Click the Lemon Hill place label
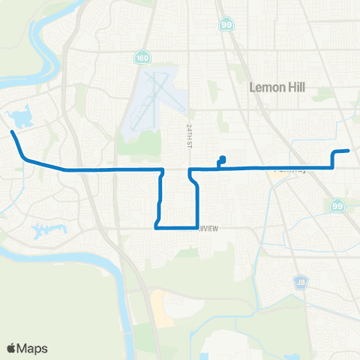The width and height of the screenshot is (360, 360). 274,88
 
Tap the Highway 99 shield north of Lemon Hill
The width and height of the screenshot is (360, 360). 226,25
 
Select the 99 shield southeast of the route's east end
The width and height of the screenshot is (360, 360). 336,205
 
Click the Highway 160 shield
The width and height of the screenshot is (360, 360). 141,57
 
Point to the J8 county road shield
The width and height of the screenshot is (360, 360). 300,282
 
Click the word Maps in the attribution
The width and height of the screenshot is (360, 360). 34,348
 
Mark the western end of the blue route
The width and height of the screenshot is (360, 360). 12,133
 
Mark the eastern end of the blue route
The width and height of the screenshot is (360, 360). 349,151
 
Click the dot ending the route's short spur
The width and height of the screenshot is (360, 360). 223,157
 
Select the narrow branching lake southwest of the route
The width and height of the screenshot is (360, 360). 45,229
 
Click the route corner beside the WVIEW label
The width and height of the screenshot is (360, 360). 196,226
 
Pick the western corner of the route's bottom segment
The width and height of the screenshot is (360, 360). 156,226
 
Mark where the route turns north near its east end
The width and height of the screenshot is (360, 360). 333,168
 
